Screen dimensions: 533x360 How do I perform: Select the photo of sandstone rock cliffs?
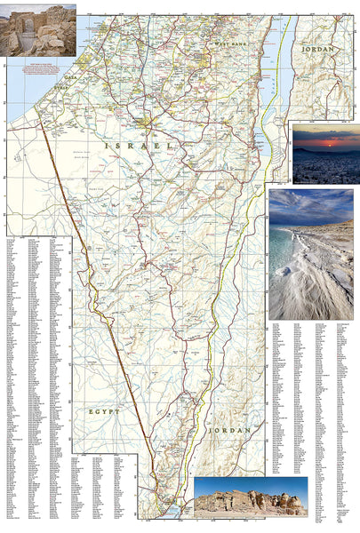[250, 497]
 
